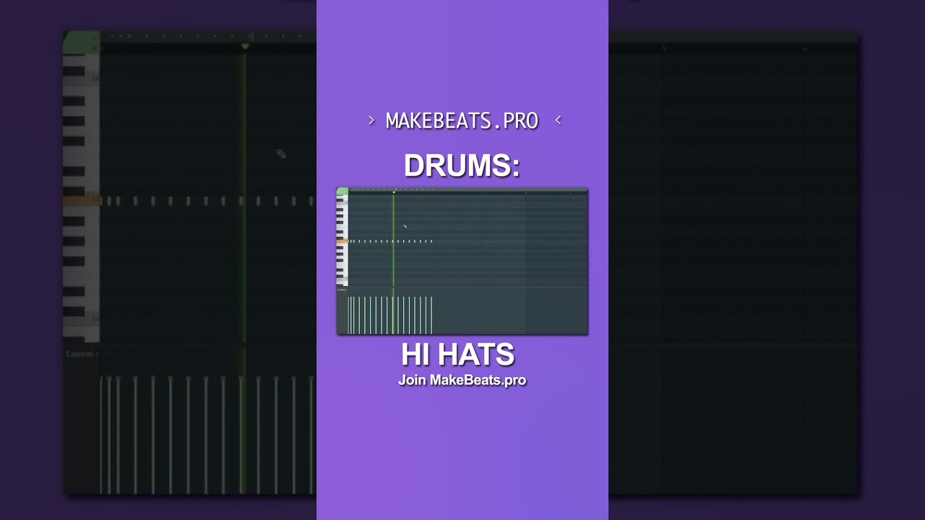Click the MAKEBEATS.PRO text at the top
462,121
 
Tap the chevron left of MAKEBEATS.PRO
371,121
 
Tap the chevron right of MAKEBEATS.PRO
558,121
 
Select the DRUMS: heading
462,166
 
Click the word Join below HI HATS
412,381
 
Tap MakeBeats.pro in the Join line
478,381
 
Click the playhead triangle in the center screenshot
394,192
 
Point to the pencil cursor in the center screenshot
405,226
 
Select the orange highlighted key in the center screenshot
342,241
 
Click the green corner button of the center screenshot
342,191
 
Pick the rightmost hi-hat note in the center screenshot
431,241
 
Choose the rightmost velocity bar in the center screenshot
431,315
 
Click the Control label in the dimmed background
79,354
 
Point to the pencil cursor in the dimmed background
281,154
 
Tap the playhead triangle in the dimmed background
245,47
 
